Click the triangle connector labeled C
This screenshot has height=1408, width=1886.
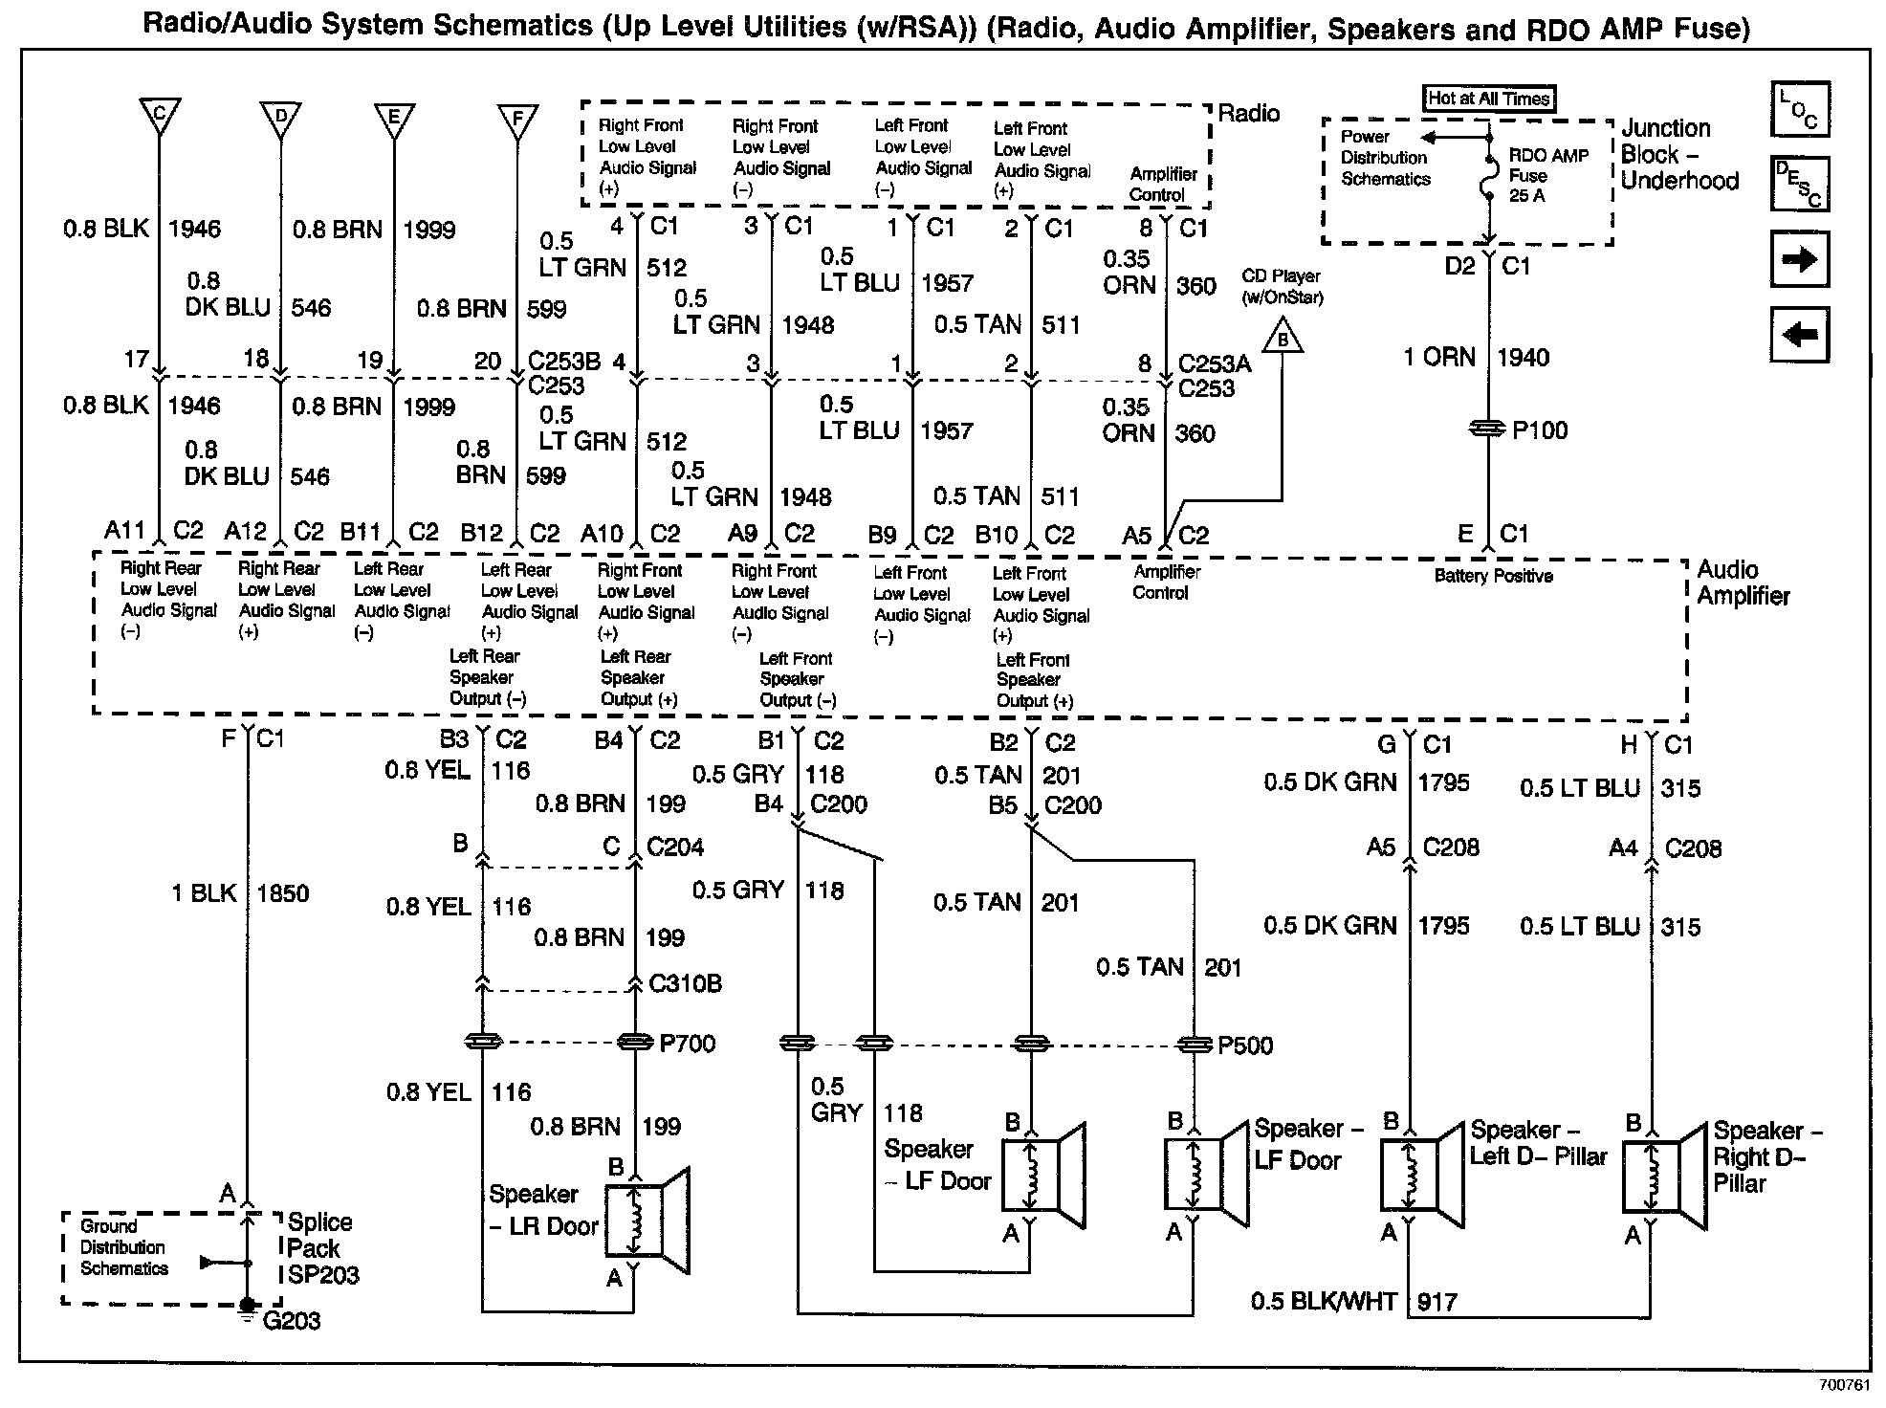[x=160, y=115]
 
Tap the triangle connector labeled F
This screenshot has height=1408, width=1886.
[x=517, y=120]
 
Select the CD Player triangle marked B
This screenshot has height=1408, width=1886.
[x=1283, y=339]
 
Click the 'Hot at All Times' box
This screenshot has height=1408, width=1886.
[x=1487, y=98]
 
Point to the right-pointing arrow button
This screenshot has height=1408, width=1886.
[x=1799, y=259]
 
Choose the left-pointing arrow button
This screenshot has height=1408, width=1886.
[x=1799, y=335]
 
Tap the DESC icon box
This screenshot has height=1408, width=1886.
[x=1799, y=184]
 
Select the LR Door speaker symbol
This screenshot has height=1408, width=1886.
[x=647, y=1220]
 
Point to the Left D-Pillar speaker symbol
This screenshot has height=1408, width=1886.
[x=1422, y=1175]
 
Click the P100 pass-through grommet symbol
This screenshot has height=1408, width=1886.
[x=1487, y=430]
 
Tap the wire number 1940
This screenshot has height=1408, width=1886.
[x=1523, y=358]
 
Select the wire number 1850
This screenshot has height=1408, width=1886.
[x=283, y=893]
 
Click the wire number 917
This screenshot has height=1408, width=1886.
[x=1437, y=1302]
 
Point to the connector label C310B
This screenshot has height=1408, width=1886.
[x=685, y=983]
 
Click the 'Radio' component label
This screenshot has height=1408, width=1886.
[x=1248, y=114]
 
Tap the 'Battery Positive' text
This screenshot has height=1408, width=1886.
[x=1493, y=576]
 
